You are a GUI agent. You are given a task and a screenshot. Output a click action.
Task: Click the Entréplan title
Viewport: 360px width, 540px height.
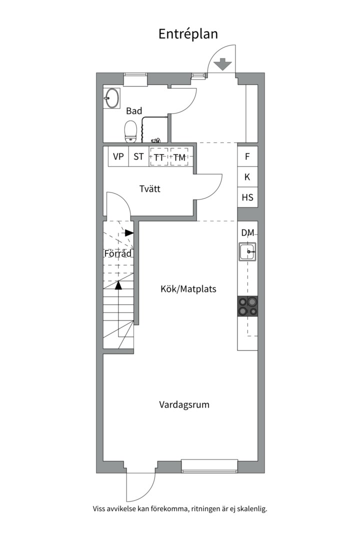tap(188, 34)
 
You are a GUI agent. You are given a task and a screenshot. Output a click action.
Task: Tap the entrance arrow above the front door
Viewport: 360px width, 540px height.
tap(222, 64)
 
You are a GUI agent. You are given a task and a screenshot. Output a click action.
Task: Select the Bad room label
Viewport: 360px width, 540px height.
tap(134, 111)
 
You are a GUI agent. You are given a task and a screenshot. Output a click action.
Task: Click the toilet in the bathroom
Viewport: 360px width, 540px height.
tap(130, 131)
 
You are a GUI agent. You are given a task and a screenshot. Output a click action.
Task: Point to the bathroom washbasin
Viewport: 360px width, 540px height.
tap(111, 98)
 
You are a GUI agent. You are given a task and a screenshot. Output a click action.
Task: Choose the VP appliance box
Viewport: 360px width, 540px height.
tap(118, 156)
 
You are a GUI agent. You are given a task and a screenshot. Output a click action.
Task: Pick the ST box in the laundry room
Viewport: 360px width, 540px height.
tap(138, 156)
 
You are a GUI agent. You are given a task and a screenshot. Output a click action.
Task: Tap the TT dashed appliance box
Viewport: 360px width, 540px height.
tap(159, 156)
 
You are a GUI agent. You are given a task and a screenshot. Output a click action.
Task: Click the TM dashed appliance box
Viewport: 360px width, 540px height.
tap(179, 156)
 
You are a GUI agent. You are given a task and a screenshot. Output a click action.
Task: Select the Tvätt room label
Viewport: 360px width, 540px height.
tap(150, 188)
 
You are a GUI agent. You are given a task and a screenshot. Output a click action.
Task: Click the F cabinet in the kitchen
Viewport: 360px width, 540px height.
tap(247, 156)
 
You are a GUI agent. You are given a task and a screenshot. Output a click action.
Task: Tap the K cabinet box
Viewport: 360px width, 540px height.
tap(247, 177)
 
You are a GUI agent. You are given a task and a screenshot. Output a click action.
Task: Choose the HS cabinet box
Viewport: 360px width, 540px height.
tap(247, 197)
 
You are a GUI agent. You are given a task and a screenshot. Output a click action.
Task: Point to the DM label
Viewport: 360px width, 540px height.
tap(247, 233)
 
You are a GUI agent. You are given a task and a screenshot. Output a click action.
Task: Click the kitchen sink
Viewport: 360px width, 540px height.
tap(247, 251)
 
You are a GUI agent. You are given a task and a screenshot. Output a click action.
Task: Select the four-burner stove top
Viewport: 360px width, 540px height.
tap(247, 306)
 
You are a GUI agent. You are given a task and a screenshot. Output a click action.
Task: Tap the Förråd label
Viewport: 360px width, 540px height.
tap(118, 253)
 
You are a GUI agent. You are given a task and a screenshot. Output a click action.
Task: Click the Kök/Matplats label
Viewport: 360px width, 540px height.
tap(188, 288)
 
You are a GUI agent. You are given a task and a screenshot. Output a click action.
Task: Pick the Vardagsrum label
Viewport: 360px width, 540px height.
tap(184, 404)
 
